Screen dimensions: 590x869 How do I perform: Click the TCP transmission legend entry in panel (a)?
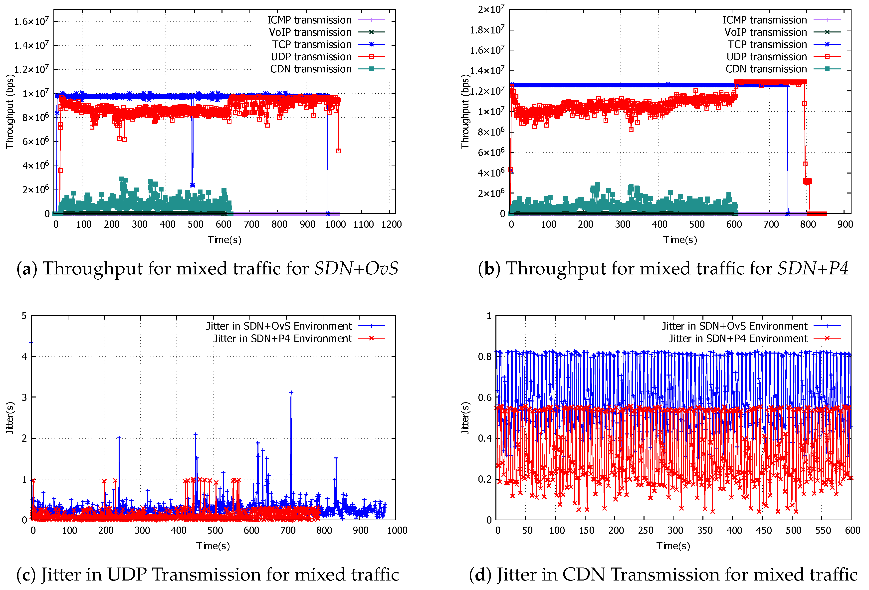click(311, 44)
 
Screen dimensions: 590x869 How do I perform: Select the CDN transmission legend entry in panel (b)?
click(766, 69)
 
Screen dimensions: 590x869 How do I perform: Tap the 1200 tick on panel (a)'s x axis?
click(391, 224)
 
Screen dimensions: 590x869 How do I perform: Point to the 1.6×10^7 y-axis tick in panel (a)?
click(31, 21)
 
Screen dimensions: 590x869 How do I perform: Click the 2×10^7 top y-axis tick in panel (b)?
click(491, 9)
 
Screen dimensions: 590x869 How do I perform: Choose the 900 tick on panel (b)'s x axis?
click(845, 224)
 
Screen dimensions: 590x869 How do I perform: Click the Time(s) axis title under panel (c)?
click(213, 546)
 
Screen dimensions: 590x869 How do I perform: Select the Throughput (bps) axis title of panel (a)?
click(10, 111)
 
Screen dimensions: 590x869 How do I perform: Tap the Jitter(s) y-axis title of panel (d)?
click(465, 418)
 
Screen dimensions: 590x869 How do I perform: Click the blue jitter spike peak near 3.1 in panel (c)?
click(291, 393)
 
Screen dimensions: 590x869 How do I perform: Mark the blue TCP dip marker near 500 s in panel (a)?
click(192, 185)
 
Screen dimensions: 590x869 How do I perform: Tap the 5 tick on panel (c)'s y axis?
click(24, 316)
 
